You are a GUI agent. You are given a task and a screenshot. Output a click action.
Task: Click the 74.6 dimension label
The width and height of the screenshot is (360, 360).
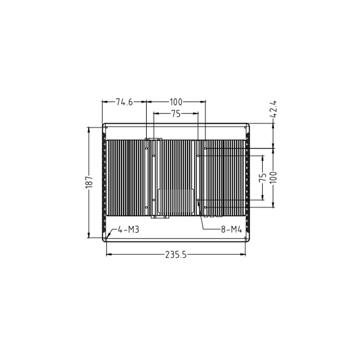[124, 102]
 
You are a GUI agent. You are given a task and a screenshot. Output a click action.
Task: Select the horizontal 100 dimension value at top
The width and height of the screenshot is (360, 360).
[175, 102]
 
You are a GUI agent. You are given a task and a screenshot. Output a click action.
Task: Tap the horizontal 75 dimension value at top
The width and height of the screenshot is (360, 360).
[176, 114]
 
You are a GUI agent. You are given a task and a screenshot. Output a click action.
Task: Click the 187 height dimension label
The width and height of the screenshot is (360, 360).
[89, 182]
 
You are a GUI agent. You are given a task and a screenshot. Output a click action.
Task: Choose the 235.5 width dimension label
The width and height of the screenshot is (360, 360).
[176, 255]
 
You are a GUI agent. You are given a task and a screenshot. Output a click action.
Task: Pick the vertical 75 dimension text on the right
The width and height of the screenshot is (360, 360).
[263, 178]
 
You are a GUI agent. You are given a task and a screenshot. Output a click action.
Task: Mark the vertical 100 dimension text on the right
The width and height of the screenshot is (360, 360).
[274, 177]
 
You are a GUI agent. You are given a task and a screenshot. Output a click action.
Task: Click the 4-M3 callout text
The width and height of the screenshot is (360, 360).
[128, 229]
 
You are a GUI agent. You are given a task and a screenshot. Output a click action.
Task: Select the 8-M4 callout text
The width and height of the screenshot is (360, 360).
[231, 229]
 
